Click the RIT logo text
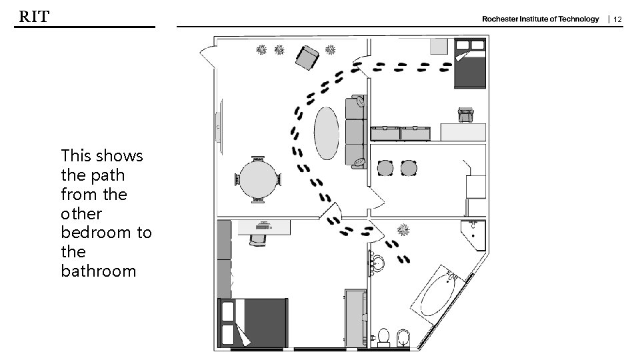coord(34,16)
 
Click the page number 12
coord(617,19)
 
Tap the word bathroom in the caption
coord(99,271)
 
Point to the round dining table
coord(258,179)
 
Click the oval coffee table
coord(326,133)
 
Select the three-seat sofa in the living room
coord(356,132)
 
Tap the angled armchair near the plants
coord(307,57)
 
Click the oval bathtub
coord(438,295)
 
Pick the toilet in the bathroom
coord(383,337)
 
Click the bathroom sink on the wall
coord(377,263)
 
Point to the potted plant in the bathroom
coord(403,230)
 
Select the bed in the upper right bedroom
coord(470,63)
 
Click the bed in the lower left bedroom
coord(253,323)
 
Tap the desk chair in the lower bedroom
coord(257,239)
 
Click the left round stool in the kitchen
coord(385,168)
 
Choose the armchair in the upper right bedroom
coord(466,115)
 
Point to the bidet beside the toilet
coord(403,338)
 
